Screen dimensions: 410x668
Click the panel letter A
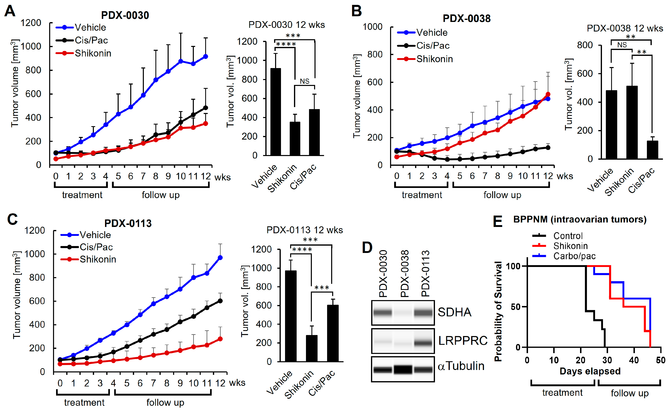tap(10, 11)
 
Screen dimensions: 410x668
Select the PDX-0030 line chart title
tap(125, 15)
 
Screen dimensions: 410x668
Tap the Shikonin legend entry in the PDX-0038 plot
tap(434, 59)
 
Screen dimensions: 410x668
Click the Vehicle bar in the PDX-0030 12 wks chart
tap(275, 112)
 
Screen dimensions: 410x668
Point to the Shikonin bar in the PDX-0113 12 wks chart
tap(311, 348)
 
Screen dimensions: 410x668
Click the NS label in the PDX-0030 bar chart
tap(305, 81)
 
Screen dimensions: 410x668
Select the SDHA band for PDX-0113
tap(423, 313)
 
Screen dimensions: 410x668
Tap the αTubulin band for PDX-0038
tap(403, 369)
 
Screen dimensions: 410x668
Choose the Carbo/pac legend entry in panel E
tap(574, 256)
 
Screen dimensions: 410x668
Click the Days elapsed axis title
tap(590, 371)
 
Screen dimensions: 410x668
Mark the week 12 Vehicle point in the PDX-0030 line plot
tap(205, 56)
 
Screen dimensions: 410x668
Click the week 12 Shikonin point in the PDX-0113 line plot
tap(220, 339)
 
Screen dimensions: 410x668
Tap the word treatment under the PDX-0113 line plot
tap(84, 402)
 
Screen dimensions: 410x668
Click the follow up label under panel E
tap(630, 393)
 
